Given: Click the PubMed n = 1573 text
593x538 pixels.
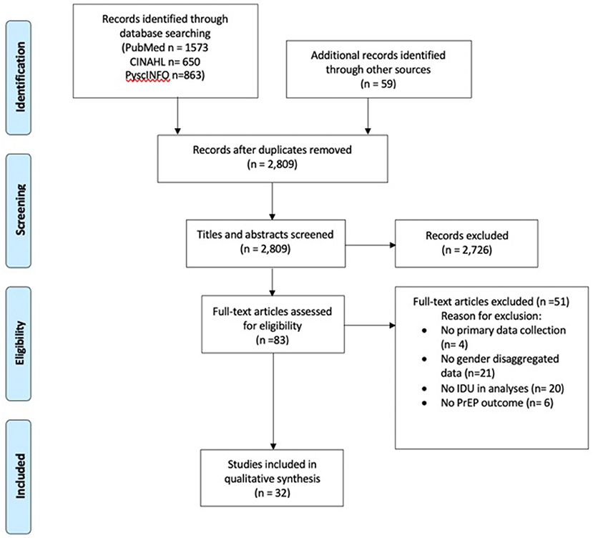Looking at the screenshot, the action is point(165,47).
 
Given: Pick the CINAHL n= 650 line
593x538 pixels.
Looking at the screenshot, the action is point(165,62).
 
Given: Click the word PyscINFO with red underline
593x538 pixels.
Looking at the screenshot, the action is point(147,76).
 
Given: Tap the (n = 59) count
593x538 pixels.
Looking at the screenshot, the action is point(378,84).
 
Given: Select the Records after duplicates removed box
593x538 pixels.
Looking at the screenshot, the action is point(273,159).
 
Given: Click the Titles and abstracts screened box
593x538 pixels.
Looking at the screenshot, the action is point(265,243).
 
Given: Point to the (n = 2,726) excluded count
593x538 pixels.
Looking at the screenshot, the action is point(466,250).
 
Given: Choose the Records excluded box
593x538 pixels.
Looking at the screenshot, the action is point(466,243).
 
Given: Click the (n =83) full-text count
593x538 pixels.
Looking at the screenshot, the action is point(273,340).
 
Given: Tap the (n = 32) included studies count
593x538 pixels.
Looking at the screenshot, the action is point(273,493).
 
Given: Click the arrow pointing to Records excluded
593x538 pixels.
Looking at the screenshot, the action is point(371,245).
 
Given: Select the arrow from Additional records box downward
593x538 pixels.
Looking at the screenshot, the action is point(368,116).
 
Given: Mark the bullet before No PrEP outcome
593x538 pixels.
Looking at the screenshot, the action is point(424,403).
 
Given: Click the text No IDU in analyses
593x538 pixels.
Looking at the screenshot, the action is point(484,388).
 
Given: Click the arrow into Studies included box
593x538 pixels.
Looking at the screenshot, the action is point(273,401).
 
